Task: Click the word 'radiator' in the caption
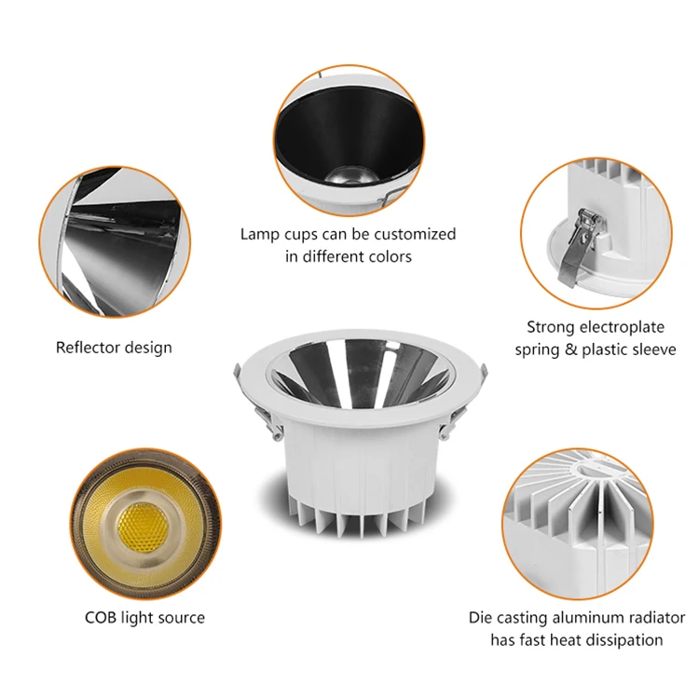coord(651,618)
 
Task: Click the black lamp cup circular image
coord(348,135)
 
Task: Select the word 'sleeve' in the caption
coord(651,349)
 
